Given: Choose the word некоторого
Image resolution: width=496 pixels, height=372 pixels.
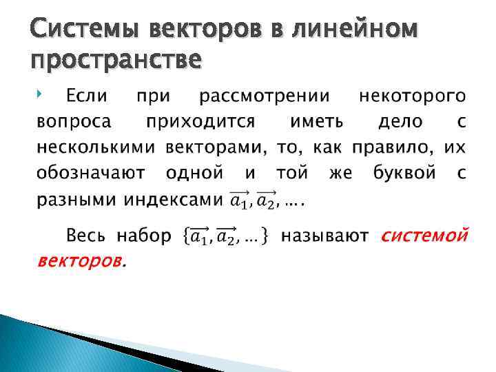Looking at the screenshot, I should [x=412, y=94].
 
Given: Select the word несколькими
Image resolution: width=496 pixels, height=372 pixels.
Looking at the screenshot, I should [x=96, y=147].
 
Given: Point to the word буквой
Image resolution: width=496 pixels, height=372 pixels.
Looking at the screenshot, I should [x=406, y=173].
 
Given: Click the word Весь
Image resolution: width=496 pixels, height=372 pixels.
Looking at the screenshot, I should [x=85, y=236].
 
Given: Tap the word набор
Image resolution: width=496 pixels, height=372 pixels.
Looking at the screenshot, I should [x=143, y=236].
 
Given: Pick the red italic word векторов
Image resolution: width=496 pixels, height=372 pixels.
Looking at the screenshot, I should [x=79, y=261].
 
